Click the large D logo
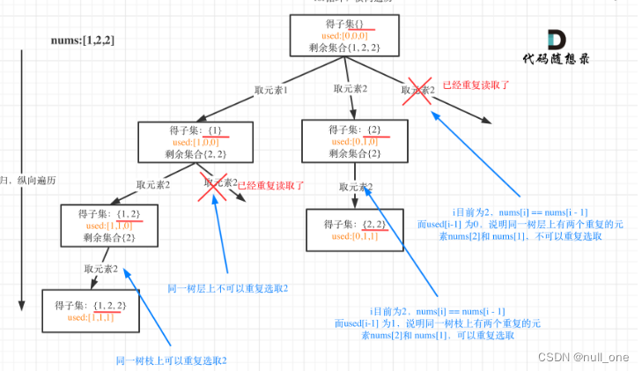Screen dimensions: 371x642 [x=558, y=41]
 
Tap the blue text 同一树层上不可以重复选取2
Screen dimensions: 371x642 [x=228, y=288]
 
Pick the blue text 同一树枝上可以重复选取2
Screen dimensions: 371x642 [x=172, y=360]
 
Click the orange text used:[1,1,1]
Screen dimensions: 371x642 [x=91, y=317]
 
